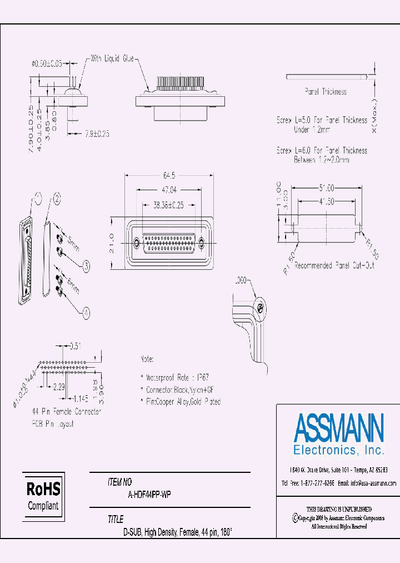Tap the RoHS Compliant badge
43,496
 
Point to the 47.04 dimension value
169,189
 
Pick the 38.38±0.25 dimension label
169,205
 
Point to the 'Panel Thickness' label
326,91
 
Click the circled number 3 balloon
86,266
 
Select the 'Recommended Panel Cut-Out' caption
334,265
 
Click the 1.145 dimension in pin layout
81,398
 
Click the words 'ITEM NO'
119,483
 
